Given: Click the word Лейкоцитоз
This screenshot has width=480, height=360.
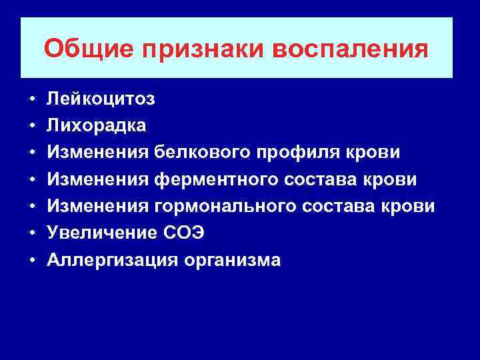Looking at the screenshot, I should coord(101,99).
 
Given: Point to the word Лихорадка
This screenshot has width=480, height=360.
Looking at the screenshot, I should coord(97,126).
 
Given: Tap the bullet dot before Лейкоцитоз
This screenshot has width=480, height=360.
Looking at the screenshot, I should coord(32,100).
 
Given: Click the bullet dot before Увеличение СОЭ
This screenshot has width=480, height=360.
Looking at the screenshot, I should coord(32,234).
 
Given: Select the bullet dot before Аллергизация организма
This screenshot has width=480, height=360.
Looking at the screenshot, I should coord(32,261).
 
